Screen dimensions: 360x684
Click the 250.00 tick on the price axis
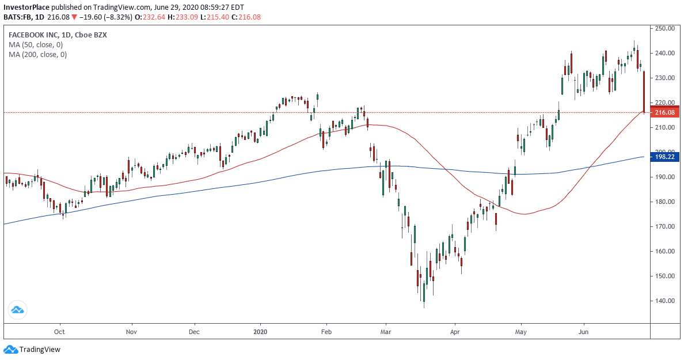(x=664, y=28)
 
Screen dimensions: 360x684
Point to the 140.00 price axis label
(x=664, y=301)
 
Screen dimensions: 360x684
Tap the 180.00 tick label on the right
(x=664, y=202)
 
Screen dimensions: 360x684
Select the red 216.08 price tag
(x=664, y=113)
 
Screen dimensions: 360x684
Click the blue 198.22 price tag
(x=664, y=157)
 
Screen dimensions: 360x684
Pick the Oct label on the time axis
(x=59, y=332)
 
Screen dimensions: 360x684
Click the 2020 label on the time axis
(x=261, y=332)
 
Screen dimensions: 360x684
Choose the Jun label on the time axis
(x=584, y=332)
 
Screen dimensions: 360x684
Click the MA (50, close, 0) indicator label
(x=36, y=44)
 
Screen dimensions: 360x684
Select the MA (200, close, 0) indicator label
(x=37, y=54)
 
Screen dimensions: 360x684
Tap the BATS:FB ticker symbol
(x=17, y=17)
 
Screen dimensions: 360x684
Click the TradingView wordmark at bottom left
(x=39, y=349)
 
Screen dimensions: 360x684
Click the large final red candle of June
(x=643, y=92)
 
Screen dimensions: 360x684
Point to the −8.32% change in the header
(x=120, y=17)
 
